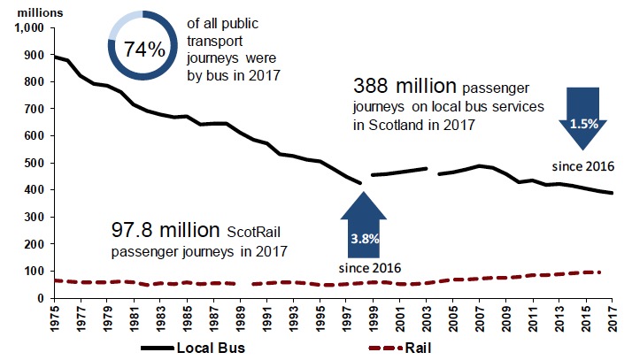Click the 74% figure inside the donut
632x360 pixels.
pyautogui.click(x=144, y=50)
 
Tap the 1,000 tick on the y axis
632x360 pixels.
pyautogui.click(x=27, y=27)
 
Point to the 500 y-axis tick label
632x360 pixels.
pyautogui.click(x=33, y=164)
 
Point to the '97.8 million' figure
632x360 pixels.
pyautogui.click(x=165, y=231)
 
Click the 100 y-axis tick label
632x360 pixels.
pyautogui.click(x=33, y=272)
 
